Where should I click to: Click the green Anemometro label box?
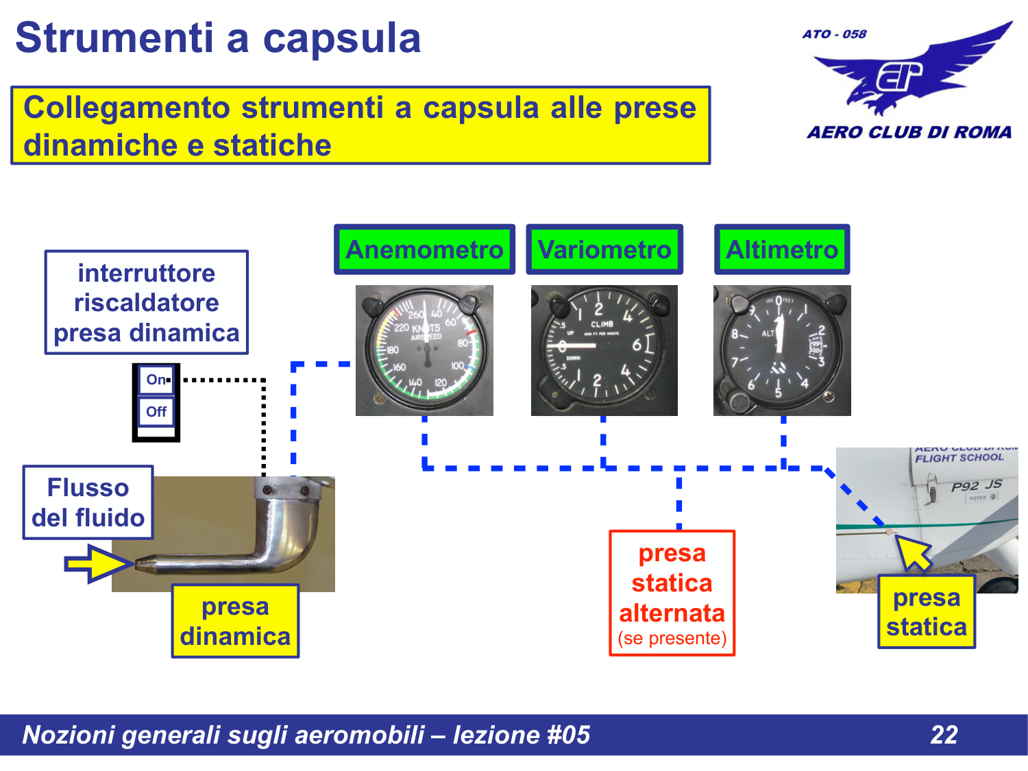pyautogui.click(x=424, y=249)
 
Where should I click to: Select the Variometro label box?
pyautogui.click(x=604, y=249)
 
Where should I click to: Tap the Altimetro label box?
pyautogui.click(x=781, y=249)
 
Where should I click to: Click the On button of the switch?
pyautogui.click(x=156, y=380)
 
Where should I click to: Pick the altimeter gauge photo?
pyautogui.click(x=781, y=350)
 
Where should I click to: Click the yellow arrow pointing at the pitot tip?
pyautogui.click(x=98, y=563)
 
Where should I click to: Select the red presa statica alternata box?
pyautogui.click(x=672, y=593)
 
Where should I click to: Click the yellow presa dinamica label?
pyautogui.click(x=235, y=621)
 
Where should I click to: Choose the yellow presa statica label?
pyautogui.click(x=926, y=612)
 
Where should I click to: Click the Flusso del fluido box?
pyautogui.click(x=88, y=502)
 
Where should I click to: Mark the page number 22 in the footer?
pyautogui.click(x=944, y=735)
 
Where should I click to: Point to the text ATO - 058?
pyautogui.click(x=834, y=34)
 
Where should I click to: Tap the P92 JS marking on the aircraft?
pyautogui.click(x=976, y=485)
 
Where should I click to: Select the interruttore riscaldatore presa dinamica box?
pyautogui.click(x=146, y=302)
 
